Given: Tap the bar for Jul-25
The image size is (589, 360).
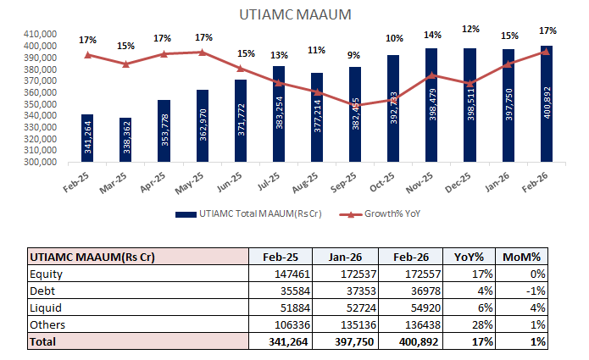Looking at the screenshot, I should (279, 114).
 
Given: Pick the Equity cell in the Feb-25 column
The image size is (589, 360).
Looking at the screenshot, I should (281, 274).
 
